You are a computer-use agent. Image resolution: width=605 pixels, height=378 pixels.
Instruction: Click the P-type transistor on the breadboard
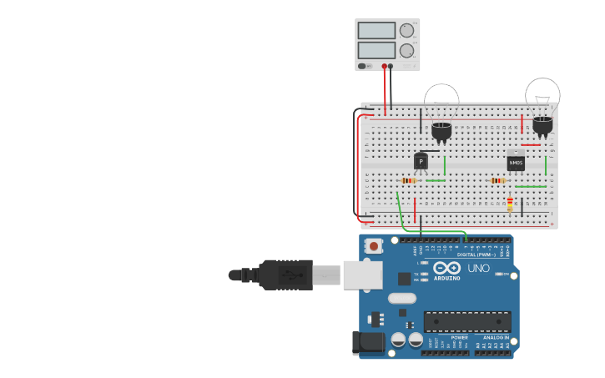click(x=421, y=161)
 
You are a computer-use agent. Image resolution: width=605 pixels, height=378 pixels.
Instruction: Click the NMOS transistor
click(x=516, y=162)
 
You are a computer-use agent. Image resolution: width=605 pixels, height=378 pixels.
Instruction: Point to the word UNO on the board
click(x=479, y=269)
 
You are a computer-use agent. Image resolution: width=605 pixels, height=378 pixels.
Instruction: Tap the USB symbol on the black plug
click(x=288, y=274)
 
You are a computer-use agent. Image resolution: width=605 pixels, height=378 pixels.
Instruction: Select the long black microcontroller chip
click(x=467, y=322)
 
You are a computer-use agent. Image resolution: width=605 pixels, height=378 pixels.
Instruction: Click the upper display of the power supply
click(x=376, y=31)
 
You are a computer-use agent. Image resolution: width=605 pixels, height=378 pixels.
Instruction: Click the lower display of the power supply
click(x=376, y=50)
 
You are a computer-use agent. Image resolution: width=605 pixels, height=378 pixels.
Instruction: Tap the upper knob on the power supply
click(x=406, y=31)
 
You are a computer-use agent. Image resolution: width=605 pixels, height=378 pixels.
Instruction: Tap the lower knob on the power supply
click(x=406, y=50)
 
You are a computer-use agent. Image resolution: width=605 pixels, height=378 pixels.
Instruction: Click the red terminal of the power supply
click(x=385, y=66)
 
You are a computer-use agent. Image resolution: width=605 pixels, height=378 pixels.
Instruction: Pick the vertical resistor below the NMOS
click(x=510, y=204)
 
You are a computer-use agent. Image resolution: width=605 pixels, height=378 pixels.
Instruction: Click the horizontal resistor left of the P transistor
click(x=408, y=180)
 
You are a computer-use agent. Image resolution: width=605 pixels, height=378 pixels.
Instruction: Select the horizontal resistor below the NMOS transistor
click(x=498, y=180)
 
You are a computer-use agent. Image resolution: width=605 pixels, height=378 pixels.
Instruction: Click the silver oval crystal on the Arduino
click(x=401, y=298)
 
